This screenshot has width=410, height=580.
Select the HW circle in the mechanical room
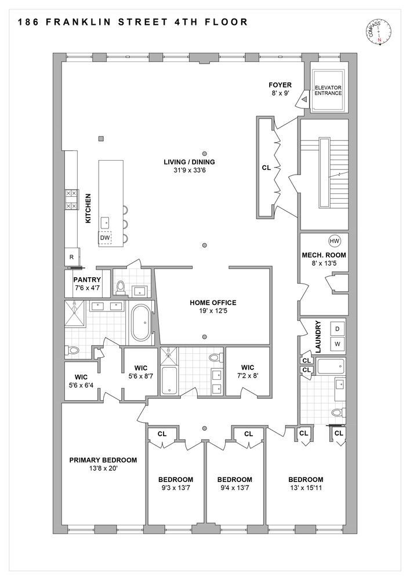pyautogui.click(x=334, y=241)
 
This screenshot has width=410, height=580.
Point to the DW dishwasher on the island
pyautogui.click(x=105, y=238)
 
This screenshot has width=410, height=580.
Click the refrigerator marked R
pyautogui.click(x=71, y=257)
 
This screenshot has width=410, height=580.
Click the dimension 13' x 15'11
pyautogui.click(x=306, y=488)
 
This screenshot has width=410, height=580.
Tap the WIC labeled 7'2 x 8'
pyautogui.click(x=248, y=371)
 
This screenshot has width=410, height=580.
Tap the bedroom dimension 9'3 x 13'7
pyautogui.click(x=175, y=488)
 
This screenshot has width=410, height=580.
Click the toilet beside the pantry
pyautogui.click(x=121, y=286)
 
